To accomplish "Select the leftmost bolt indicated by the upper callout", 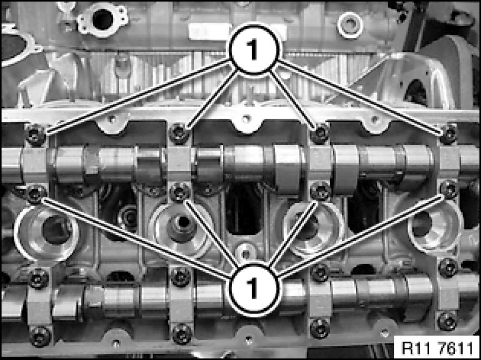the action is [x=36, y=135].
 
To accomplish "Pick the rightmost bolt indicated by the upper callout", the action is [x=448, y=134].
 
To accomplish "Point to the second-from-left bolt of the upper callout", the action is [x=179, y=133].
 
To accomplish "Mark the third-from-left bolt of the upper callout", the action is [x=319, y=133].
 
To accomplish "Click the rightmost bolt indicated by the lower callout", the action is [x=449, y=190].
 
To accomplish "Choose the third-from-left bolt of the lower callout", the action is [x=320, y=191].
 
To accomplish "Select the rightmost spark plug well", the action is [x=436, y=227].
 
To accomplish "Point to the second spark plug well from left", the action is [x=181, y=230].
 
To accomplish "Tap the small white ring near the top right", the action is [x=350, y=26].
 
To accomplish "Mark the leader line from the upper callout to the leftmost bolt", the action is [x=138, y=96].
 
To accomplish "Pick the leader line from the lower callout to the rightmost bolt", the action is [x=360, y=236].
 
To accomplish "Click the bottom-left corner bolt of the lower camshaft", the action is [x=40, y=336].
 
